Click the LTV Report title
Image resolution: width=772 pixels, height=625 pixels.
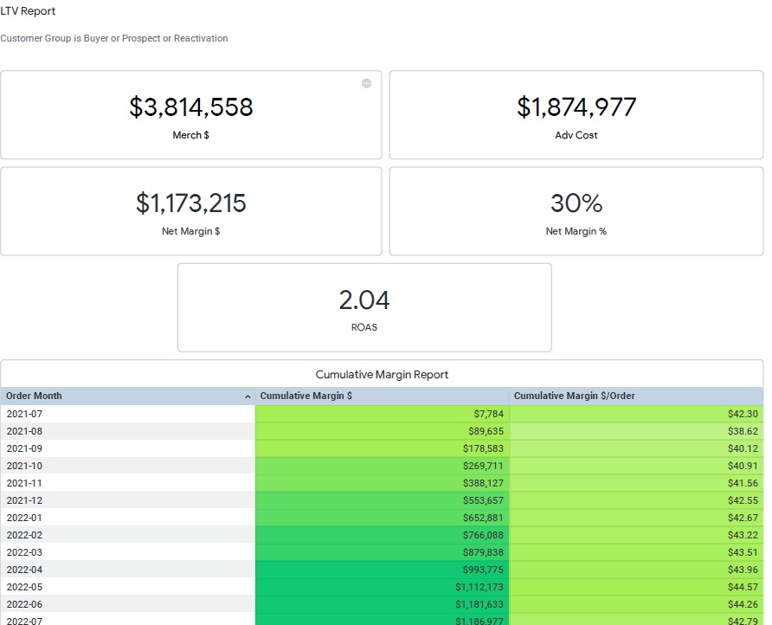tap(28, 11)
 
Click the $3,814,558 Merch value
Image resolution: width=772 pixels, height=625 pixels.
tap(191, 107)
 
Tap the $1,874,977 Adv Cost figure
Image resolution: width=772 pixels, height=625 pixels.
tap(576, 107)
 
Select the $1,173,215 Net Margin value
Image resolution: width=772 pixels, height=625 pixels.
tap(191, 203)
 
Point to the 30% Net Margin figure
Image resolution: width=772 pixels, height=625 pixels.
tap(576, 203)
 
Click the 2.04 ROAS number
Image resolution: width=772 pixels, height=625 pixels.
tap(364, 300)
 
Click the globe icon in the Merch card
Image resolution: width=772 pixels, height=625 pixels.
tap(366, 83)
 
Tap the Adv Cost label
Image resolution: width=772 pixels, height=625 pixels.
tap(576, 135)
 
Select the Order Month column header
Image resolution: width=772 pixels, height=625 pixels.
tap(35, 396)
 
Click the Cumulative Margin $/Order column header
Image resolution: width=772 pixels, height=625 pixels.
tap(574, 396)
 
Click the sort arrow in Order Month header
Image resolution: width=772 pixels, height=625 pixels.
tap(248, 396)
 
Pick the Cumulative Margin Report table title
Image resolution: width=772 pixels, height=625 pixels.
tap(382, 375)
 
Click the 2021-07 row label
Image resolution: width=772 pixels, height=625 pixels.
tap(24, 414)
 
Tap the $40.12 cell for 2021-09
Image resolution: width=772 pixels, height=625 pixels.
tap(743, 448)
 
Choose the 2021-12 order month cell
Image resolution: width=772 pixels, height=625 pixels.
tap(24, 500)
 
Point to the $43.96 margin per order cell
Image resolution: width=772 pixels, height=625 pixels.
tap(743, 570)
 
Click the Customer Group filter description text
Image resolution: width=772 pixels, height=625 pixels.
tap(114, 38)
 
